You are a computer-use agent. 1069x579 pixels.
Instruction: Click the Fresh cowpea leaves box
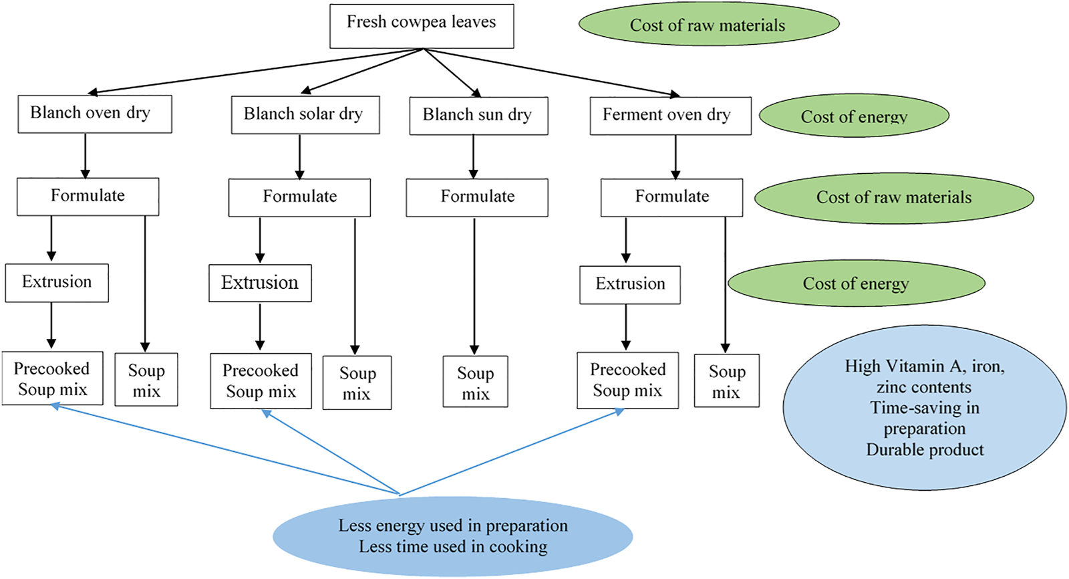point(422,26)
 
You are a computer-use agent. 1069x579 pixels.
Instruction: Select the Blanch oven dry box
point(95,114)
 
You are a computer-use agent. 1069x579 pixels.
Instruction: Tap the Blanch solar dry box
point(305,115)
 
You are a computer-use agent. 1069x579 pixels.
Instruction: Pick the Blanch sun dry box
point(478,116)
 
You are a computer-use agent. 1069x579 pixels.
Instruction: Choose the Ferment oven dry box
point(670,116)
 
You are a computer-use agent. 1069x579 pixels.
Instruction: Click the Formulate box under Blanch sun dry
point(477,197)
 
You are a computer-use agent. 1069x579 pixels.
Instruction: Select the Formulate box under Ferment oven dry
point(671,197)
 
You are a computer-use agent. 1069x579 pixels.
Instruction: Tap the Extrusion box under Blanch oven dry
point(57,283)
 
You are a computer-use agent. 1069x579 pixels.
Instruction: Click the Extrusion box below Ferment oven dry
point(630,285)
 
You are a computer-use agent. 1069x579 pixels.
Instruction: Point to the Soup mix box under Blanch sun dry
point(475,382)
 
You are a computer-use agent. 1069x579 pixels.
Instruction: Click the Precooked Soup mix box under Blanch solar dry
point(261,381)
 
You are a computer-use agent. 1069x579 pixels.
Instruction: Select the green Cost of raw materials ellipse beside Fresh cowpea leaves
point(708,25)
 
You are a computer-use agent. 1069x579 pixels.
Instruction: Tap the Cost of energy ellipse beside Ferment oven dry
point(854,116)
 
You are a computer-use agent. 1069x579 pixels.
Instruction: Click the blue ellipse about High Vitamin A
point(925,409)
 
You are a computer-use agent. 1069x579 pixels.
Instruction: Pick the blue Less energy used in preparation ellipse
point(452,536)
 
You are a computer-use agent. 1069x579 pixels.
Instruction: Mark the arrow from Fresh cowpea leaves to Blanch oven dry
point(254,71)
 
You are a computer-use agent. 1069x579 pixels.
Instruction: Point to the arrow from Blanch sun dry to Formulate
point(473,156)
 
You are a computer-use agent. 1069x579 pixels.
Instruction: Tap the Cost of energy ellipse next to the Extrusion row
point(856,283)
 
